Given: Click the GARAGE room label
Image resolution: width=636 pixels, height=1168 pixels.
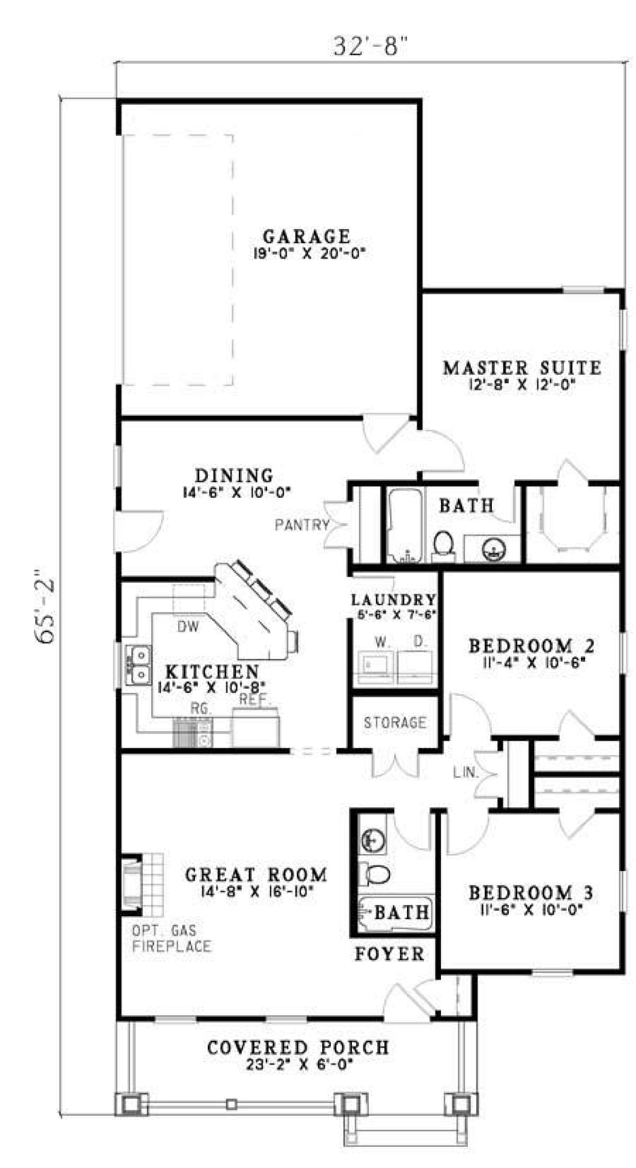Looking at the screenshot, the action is tap(307, 235).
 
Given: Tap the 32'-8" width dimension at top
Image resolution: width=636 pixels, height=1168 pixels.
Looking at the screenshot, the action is tap(373, 47).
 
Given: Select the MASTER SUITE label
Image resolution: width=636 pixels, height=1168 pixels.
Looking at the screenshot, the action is tap(522, 367).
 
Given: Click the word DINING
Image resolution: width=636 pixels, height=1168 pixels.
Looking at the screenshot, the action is tap(234, 475).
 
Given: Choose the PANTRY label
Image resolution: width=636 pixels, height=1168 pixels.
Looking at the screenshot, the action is tap(302, 525).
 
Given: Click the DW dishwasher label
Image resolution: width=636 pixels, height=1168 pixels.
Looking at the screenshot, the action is tap(188, 627).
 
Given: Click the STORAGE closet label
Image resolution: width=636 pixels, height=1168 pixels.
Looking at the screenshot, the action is tap(395, 722).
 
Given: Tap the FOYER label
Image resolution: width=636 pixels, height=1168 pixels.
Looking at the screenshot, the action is tap(390, 954).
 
